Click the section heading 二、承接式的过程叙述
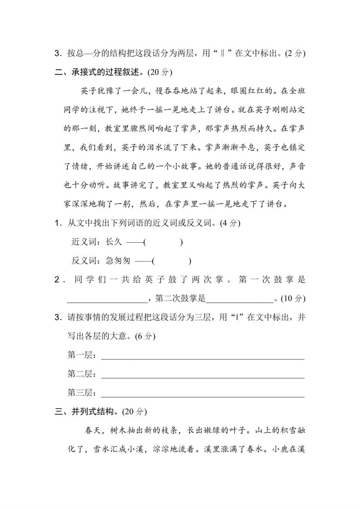105,72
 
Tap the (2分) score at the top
295,53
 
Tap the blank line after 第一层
202,356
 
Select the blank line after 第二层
202,375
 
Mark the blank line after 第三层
202,393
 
